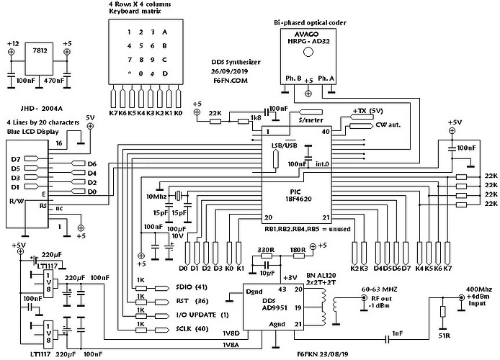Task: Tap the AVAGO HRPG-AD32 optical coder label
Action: (308, 40)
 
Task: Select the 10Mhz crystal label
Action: (157, 197)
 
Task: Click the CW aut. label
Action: (389, 125)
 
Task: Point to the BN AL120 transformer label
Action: (340, 276)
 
